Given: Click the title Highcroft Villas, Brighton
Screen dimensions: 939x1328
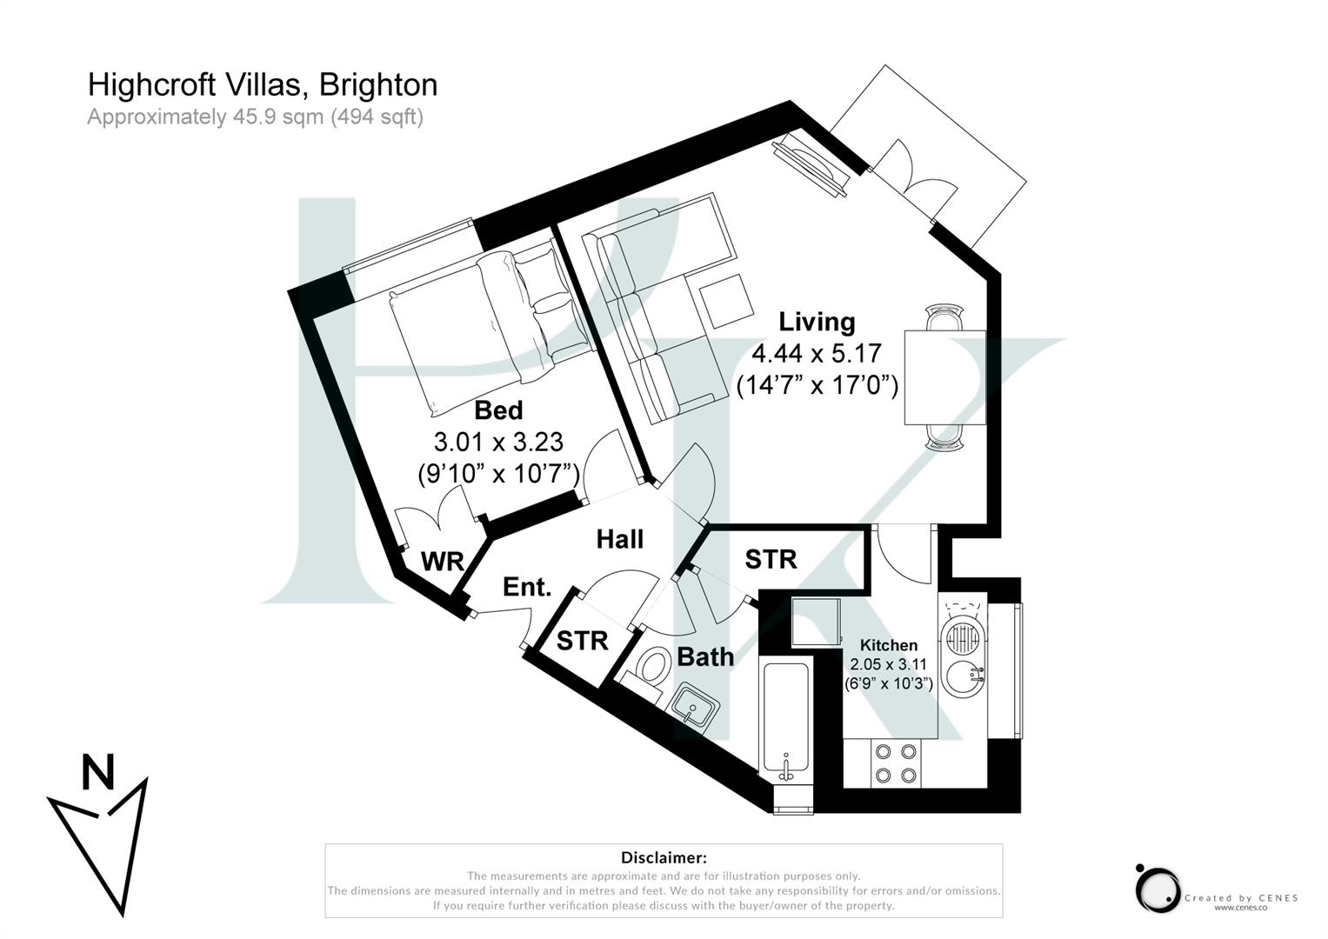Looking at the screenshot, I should point(262,84).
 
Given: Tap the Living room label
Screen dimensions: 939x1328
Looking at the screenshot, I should point(816,322).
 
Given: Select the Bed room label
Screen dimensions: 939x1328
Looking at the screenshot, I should point(498,410).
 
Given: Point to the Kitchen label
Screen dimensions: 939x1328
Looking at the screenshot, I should point(888,645).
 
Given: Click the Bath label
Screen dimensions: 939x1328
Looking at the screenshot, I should point(705,657).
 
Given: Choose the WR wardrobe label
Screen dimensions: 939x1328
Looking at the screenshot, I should point(442,562).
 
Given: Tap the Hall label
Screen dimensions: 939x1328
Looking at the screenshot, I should point(619,539).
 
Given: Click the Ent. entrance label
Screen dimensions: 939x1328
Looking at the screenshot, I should point(527,587).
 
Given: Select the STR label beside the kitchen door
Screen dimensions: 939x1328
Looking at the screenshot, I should point(771,559).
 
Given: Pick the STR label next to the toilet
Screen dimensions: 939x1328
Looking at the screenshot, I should point(582,641).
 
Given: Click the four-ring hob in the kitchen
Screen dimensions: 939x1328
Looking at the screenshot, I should point(896,763).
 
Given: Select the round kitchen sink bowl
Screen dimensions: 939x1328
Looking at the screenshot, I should point(964,676).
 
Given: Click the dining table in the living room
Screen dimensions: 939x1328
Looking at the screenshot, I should point(944,377).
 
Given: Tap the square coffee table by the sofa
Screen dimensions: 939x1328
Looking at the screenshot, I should point(727,301).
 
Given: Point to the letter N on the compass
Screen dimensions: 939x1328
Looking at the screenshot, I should point(98,773).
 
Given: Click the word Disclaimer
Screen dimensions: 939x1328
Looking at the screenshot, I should point(664,858).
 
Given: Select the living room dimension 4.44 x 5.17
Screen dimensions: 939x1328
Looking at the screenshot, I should point(816,354).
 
